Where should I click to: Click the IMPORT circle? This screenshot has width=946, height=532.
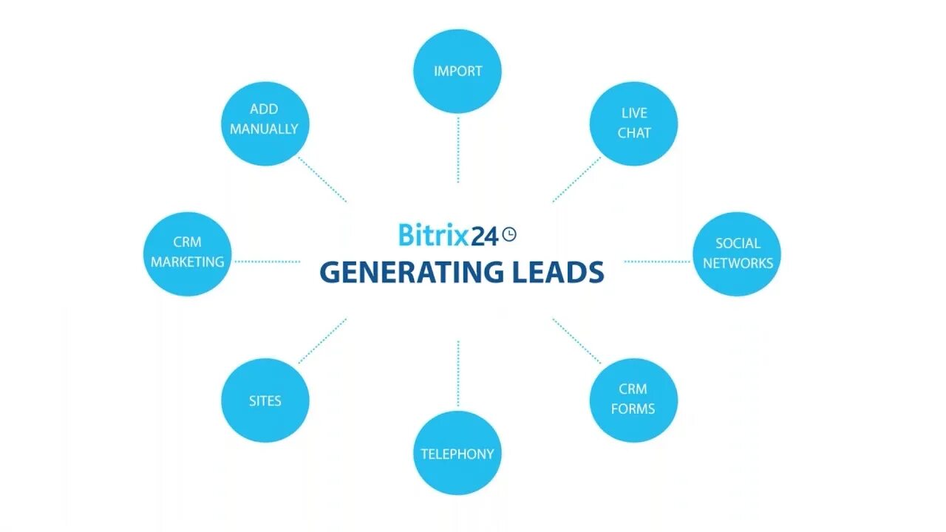457,71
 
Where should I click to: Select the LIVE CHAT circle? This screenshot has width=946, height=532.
633,123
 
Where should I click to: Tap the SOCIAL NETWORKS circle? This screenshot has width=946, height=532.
737,253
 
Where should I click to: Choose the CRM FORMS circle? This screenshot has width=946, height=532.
633,399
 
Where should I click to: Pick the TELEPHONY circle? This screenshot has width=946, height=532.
457,453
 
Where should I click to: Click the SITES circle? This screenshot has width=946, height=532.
265,400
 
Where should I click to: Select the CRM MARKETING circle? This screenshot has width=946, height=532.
188,253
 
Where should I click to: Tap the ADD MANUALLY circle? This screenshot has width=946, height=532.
264,120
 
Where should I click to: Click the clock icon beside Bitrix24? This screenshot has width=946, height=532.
509,234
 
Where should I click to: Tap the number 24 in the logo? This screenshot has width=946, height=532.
485,236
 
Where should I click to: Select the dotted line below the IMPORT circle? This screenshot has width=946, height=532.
457,149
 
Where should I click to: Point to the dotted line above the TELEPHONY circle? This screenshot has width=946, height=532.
457,373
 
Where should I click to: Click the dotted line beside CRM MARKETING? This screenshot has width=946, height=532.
267,261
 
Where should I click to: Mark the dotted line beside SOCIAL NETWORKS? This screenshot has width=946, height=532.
657,261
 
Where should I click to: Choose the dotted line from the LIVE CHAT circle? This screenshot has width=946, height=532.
576,179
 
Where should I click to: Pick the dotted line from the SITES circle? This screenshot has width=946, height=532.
322,341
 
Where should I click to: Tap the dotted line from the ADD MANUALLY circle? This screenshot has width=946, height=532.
322,179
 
